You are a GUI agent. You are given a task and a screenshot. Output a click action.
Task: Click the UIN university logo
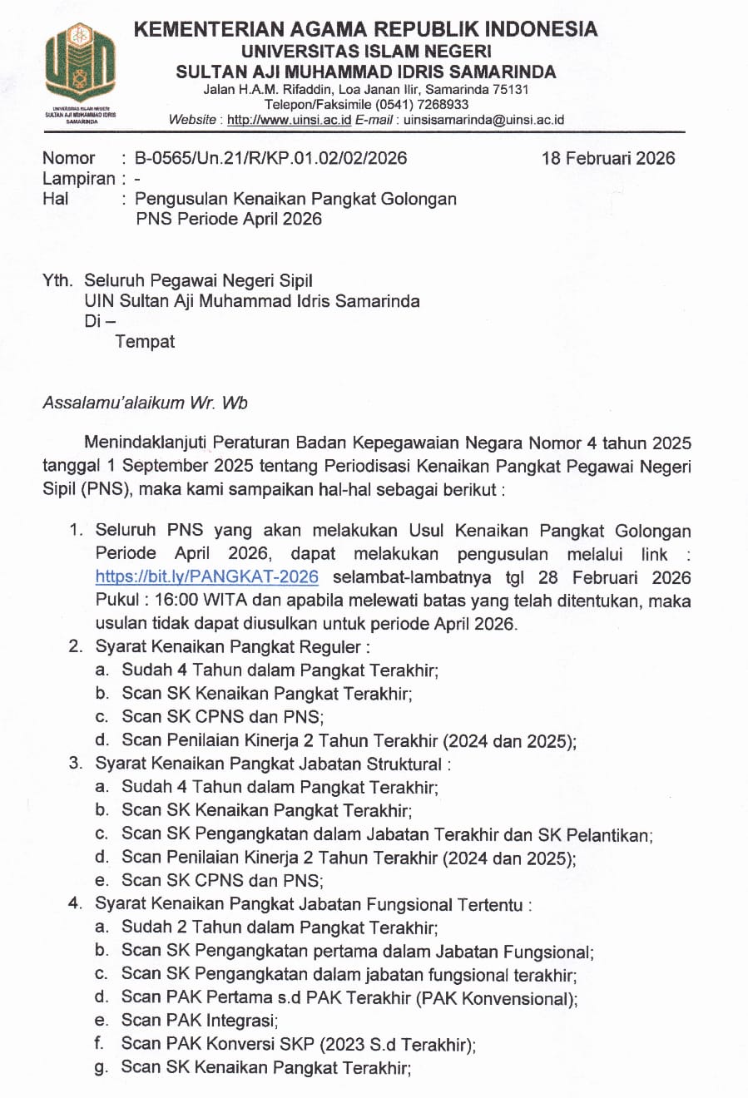click(x=80, y=64)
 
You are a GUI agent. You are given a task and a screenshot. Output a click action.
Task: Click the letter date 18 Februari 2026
click(x=607, y=158)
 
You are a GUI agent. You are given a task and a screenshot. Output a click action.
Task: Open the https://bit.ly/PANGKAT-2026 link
click(x=206, y=577)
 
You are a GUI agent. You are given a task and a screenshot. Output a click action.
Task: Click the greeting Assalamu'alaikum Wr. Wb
click(x=145, y=403)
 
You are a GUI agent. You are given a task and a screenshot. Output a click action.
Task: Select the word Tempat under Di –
click(x=145, y=342)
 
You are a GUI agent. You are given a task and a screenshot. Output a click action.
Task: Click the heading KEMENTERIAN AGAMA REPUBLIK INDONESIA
click(x=365, y=29)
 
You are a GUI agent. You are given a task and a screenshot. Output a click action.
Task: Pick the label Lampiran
click(x=79, y=179)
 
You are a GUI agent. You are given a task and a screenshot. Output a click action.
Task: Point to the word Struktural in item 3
click(x=404, y=764)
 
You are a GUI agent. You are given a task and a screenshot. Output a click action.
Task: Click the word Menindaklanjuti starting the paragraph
click(x=147, y=443)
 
